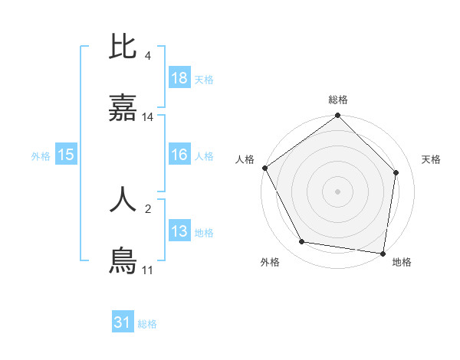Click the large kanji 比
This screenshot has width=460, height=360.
(123, 47)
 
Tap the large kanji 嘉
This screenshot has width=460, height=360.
(123, 110)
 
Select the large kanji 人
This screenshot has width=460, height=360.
(123, 198)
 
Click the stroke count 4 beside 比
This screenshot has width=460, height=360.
(147, 56)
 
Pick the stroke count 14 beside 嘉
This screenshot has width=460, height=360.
(148, 117)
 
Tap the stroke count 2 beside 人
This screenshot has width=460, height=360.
(147, 207)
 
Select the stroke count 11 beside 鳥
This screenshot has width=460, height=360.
(147, 270)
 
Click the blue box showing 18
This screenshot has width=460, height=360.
(179, 78)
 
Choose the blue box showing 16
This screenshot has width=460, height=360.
(179, 155)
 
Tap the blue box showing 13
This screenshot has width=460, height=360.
(179, 231)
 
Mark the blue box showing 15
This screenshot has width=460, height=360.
(66, 155)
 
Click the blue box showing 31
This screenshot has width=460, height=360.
(123, 322)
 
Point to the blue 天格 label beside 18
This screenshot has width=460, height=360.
(203, 80)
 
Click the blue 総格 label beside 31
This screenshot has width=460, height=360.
(147, 324)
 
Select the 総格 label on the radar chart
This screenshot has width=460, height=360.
(338, 100)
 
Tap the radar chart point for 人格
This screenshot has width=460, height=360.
(264, 168)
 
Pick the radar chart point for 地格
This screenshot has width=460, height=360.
(383, 252)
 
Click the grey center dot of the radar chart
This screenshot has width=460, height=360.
(338, 191)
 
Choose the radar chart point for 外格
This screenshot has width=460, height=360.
(302, 242)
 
